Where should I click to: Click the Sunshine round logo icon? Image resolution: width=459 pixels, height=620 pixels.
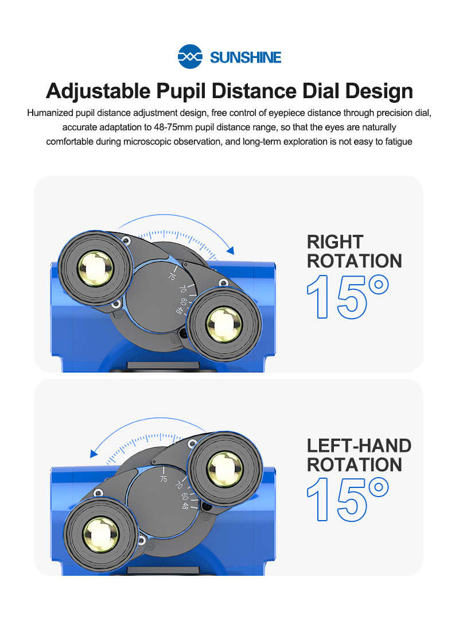[190, 56]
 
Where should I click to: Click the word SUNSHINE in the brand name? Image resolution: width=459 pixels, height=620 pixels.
[246, 57]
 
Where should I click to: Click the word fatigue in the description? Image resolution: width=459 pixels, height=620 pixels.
[399, 142]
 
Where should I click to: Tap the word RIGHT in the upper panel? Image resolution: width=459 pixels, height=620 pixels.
[335, 242]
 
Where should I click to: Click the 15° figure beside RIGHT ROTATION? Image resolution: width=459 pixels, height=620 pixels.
[348, 297]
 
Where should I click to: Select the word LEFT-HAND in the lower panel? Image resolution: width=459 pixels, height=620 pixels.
[359, 445]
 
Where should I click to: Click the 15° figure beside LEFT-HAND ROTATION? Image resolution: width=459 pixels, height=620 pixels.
[348, 499]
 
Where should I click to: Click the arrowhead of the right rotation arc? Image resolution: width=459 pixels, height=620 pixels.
[231, 250]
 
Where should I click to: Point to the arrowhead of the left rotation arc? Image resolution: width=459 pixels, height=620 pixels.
[94, 453]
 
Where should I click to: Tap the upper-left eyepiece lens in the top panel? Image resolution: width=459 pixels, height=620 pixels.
[95, 268]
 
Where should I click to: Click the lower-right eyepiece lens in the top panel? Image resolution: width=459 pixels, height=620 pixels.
[224, 324]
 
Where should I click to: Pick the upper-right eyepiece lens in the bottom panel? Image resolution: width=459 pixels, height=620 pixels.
[224, 469]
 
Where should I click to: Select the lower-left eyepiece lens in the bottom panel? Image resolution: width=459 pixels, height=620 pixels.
[100, 534]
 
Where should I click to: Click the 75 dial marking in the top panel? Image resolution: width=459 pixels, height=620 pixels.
[172, 276]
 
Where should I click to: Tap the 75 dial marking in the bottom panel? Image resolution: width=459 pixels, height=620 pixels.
[164, 479]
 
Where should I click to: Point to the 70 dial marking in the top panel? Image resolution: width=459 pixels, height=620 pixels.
[182, 289]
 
